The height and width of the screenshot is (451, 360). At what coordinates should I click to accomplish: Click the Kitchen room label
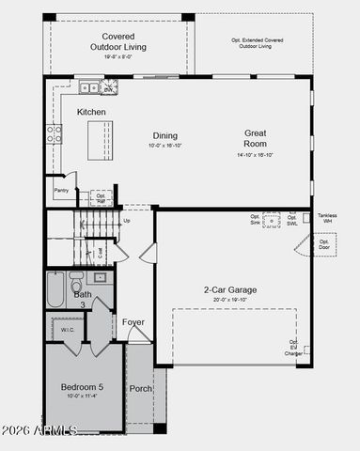(91, 112)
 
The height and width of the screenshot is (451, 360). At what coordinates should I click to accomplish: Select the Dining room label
(164, 135)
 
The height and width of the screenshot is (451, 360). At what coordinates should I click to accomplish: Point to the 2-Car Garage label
(230, 290)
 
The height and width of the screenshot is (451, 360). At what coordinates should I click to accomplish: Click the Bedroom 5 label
(84, 387)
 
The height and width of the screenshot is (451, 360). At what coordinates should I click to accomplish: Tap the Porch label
(141, 388)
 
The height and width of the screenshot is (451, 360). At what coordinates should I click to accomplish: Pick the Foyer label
(133, 322)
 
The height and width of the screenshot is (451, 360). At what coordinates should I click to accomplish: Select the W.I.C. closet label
(68, 330)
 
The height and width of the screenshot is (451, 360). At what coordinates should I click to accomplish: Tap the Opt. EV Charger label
(294, 348)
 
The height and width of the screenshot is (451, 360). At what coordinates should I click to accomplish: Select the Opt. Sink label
(255, 220)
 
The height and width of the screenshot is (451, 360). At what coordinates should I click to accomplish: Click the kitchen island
(94, 142)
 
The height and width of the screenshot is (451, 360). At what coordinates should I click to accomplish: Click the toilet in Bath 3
(77, 279)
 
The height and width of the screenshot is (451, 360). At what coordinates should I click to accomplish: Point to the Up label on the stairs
(127, 221)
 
